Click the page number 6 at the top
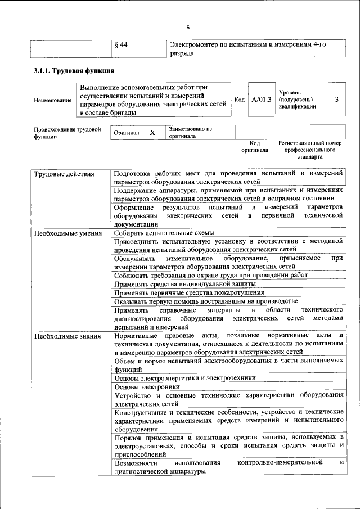click(x=188, y=28)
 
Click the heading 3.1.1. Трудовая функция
click(x=74, y=71)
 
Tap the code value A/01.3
click(x=262, y=100)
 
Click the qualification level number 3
click(x=336, y=100)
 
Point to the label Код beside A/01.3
click(x=239, y=100)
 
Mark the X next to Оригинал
click(x=152, y=133)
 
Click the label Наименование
click(x=52, y=100)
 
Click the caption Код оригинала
click(x=255, y=147)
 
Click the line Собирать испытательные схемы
click(x=164, y=233)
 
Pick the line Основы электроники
click(x=147, y=387)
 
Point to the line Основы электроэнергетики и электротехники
click(x=184, y=378)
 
